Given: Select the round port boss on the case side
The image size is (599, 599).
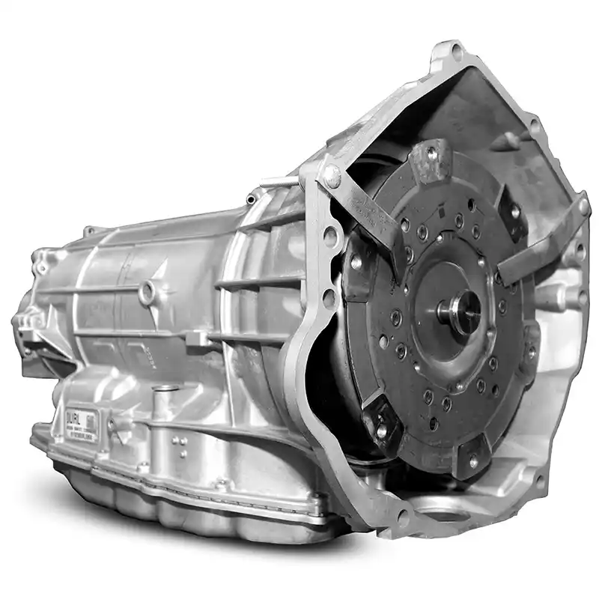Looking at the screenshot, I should pyautogui.click(x=147, y=291).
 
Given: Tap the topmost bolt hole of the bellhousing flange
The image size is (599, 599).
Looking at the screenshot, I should pyautogui.click(x=456, y=52).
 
